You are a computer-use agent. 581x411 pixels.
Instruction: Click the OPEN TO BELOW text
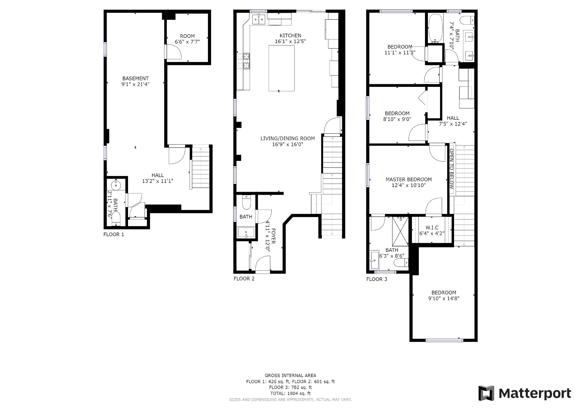pyautogui.click(x=451, y=169)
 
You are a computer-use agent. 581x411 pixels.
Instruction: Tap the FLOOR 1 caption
pyautogui.click(x=114, y=234)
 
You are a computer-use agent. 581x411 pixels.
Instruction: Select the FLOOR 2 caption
pyautogui.click(x=244, y=279)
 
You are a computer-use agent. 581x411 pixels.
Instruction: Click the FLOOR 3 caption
pyautogui.click(x=377, y=279)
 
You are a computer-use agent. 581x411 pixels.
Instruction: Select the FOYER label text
pyautogui.click(x=273, y=236)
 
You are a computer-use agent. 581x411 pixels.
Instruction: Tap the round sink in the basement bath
pyautogui.click(x=116, y=185)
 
